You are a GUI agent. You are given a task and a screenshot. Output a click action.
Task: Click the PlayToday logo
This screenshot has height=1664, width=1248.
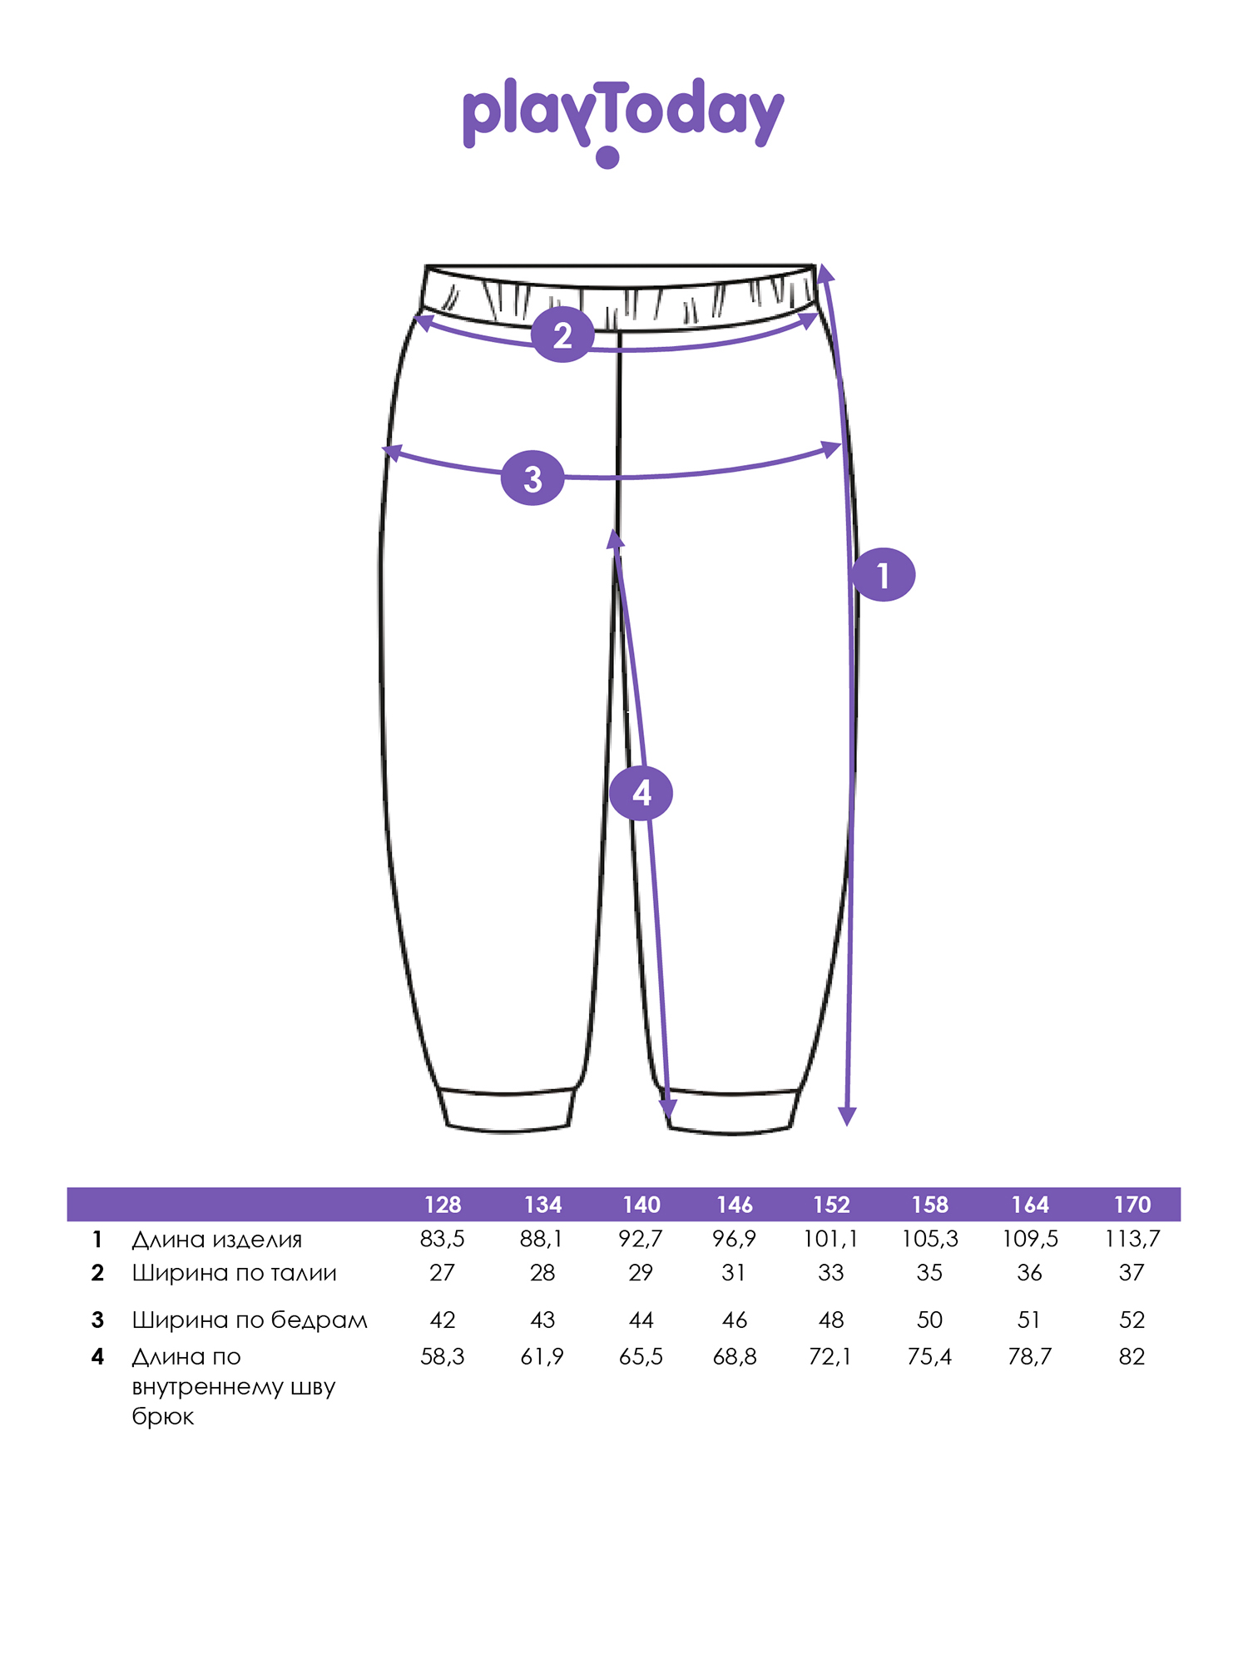(x=623, y=121)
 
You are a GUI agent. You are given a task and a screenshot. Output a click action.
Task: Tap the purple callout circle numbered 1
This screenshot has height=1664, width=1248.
(x=883, y=575)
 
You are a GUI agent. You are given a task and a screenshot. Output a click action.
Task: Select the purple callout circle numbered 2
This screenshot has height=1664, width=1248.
(x=563, y=335)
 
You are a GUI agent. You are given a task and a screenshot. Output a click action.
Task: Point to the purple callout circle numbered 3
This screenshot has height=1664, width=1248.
(x=532, y=478)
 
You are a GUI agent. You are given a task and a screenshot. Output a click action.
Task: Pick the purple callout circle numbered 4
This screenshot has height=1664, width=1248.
(x=641, y=793)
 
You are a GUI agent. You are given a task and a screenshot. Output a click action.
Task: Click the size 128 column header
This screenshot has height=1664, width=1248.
(x=443, y=1205)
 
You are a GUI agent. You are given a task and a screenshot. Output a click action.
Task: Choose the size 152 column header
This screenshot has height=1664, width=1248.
(x=831, y=1205)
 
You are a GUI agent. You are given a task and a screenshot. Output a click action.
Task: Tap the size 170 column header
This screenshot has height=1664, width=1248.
(x=1132, y=1205)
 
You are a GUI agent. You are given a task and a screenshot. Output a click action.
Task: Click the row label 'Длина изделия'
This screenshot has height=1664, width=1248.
(x=216, y=1240)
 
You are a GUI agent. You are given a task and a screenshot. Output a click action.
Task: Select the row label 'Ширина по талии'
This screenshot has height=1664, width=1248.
(x=235, y=1273)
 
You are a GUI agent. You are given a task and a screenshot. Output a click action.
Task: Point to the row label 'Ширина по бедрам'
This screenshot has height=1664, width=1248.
(x=250, y=1320)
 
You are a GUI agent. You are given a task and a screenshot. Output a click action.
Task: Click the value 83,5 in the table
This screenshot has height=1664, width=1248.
(x=443, y=1240)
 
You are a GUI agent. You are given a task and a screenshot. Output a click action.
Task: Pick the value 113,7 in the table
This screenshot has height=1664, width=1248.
(x=1132, y=1240)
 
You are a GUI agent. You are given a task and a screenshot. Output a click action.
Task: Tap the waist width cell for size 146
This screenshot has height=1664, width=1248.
(x=734, y=1273)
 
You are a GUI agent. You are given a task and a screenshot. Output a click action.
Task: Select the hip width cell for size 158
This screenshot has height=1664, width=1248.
(x=929, y=1320)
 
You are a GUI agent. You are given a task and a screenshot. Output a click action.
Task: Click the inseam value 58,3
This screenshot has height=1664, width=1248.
(x=443, y=1357)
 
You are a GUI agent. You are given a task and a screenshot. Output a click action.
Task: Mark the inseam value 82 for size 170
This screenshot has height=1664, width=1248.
(x=1132, y=1357)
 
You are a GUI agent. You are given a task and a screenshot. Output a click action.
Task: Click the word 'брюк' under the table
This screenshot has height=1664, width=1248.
(x=163, y=1417)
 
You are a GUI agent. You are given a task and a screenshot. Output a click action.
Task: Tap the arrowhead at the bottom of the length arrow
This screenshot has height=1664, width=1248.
(x=847, y=1117)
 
